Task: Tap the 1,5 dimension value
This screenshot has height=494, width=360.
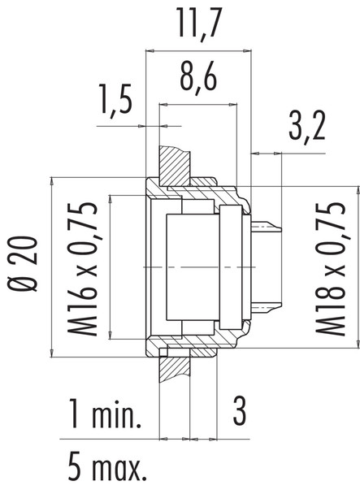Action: coord(115,102)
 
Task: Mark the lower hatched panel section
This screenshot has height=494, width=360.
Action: coord(173,370)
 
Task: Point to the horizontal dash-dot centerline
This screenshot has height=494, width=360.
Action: coord(203,266)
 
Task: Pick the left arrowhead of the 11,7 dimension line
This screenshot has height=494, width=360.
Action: coord(150,50)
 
